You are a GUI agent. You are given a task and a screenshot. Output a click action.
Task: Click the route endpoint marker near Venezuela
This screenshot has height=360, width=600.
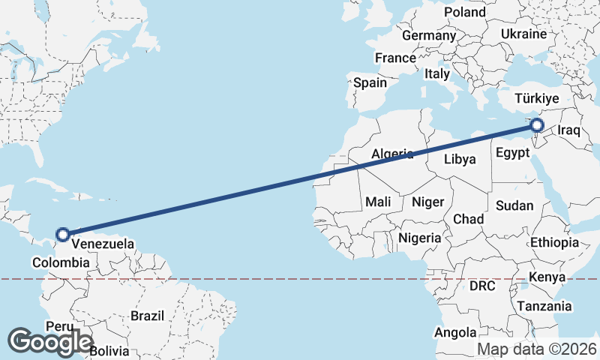(63, 234)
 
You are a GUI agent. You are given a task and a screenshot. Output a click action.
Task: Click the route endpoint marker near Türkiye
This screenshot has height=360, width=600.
(536, 125)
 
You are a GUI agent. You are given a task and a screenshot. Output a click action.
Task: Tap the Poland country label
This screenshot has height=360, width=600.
(465, 12)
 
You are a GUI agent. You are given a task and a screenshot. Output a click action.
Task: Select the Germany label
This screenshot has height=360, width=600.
(429, 35)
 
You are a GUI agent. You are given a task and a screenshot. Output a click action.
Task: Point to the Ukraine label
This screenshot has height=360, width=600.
(523, 34)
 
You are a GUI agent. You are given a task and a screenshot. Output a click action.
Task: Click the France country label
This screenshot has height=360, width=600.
(395, 58)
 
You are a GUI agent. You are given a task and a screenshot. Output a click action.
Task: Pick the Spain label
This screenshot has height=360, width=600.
(370, 82)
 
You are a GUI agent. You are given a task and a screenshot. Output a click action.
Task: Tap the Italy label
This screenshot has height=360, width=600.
(436, 74)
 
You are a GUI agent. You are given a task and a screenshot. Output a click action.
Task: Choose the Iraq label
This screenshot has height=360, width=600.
(569, 130)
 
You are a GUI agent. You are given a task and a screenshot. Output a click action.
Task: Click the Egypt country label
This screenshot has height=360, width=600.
(513, 153)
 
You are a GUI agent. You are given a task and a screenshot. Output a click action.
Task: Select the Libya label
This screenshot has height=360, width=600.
(460, 159)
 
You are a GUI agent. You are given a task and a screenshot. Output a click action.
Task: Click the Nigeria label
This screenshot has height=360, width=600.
(420, 238)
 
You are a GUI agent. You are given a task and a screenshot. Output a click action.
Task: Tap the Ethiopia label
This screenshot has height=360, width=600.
(554, 242)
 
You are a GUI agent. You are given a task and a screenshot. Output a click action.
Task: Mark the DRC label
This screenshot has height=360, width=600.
(482, 286)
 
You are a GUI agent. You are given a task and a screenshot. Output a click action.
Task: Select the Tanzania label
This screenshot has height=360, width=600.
(544, 306)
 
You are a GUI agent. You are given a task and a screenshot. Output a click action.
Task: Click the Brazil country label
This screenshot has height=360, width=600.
(147, 316)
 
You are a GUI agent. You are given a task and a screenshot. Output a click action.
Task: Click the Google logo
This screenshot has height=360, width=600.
(50, 341)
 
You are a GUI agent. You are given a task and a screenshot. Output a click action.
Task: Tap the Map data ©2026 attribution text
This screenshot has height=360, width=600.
(537, 349)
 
